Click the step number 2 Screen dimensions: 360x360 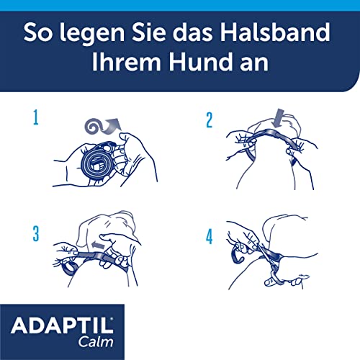click(210, 119)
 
